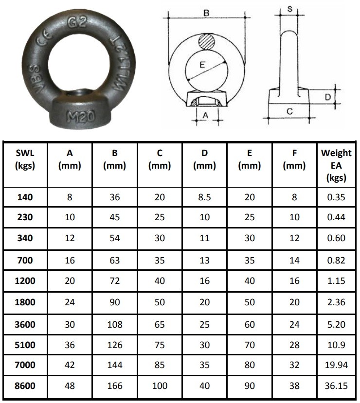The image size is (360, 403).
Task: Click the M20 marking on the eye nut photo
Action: click(79, 117)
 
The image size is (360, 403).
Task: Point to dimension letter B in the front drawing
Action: click(206, 14)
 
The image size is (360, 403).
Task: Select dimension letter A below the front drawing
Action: click(205, 115)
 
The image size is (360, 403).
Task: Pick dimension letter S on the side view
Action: click(290, 9)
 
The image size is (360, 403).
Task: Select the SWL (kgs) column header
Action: click(25, 159)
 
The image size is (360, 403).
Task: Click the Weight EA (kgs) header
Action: click(336, 165)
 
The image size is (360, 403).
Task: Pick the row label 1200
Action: click(25, 280)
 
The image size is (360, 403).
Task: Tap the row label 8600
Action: click(25, 386)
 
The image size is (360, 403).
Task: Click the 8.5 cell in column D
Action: click(204, 197)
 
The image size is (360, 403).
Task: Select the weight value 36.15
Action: click(336, 386)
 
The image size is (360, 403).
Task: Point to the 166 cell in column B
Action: click(115, 386)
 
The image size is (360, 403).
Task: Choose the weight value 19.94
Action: click(336, 365)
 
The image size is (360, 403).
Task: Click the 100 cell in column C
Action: click(160, 386)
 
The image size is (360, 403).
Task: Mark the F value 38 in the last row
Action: click(294, 386)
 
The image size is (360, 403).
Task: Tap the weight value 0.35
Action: click(336, 197)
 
